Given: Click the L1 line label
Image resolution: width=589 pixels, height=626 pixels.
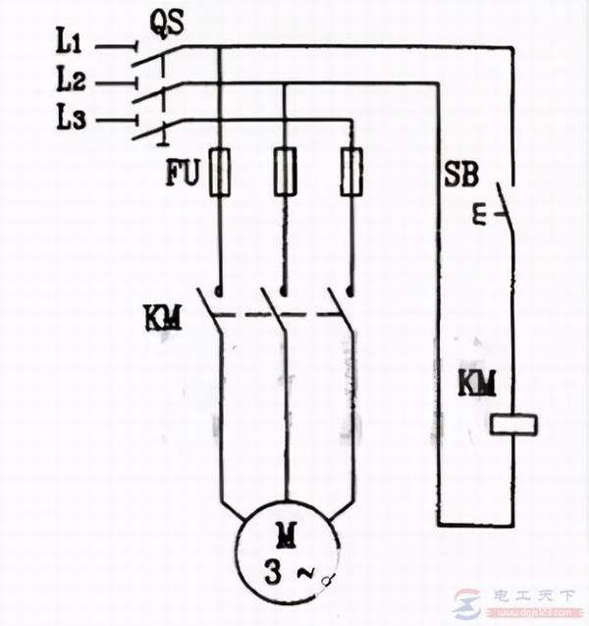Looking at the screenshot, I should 71,44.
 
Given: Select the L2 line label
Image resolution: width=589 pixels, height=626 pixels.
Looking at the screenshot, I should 71,81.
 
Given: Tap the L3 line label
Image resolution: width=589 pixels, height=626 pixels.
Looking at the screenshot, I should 71,120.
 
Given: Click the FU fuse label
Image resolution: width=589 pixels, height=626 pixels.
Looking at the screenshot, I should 183,175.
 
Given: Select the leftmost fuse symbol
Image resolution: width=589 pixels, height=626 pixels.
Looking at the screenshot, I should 220,171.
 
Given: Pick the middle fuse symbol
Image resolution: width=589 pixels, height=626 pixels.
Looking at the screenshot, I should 285,171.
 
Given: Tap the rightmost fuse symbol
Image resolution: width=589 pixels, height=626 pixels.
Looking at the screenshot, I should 349,171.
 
